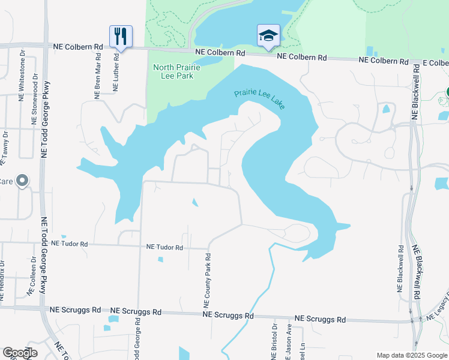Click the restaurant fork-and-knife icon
121,37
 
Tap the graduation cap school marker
268,35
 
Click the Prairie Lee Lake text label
259,99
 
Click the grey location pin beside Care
22,180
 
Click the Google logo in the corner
20,353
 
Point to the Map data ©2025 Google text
411,355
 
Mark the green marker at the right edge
447,92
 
